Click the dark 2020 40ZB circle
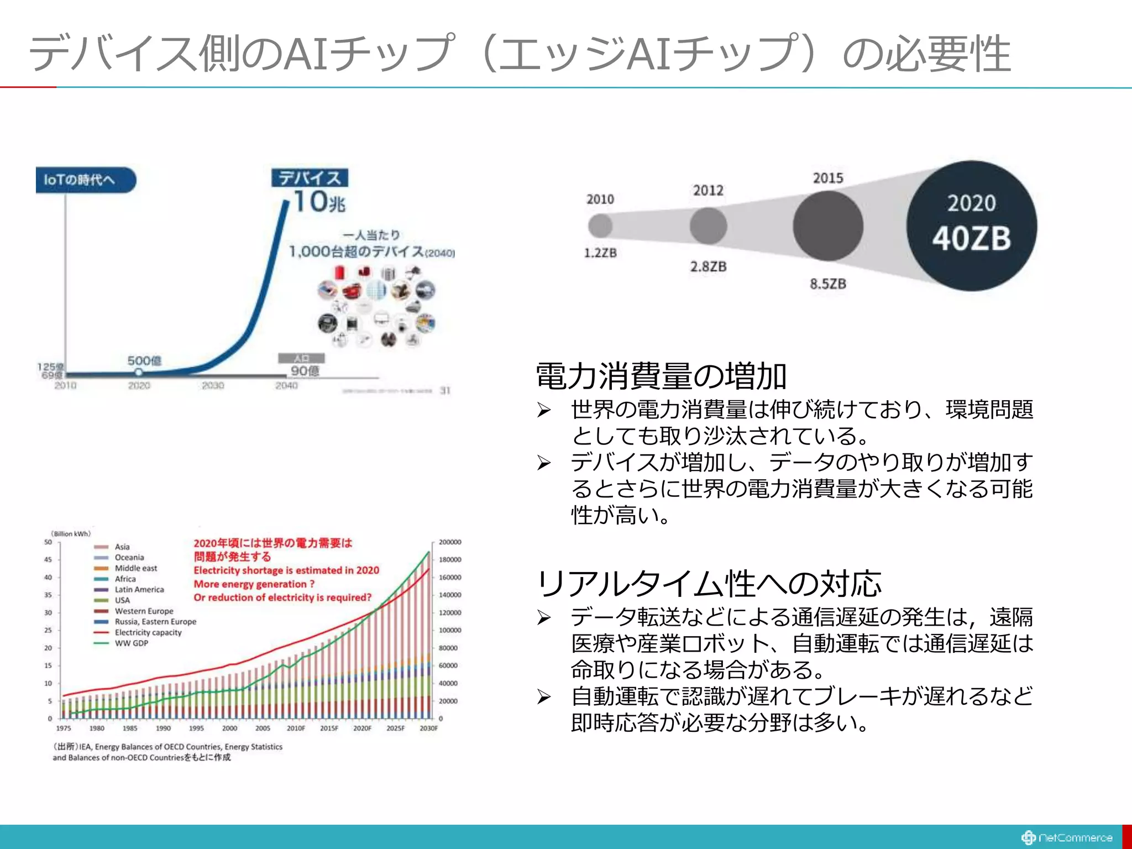pyautogui.click(x=971, y=226)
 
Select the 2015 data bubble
pyautogui.click(x=827, y=226)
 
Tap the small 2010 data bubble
pyautogui.click(x=600, y=226)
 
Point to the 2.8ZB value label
pyautogui.click(x=708, y=266)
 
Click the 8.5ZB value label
pyautogui.click(x=827, y=284)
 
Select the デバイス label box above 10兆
pyautogui.click(x=310, y=178)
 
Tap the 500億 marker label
pyautogui.click(x=144, y=361)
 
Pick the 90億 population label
pyautogui.click(x=305, y=371)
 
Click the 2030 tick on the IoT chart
pyautogui.click(x=213, y=385)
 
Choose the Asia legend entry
pyautogui.click(x=122, y=547)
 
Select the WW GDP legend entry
pyautogui.click(x=131, y=643)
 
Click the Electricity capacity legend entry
pyautogui.click(x=148, y=632)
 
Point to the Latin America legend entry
pyautogui.click(x=139, y=589)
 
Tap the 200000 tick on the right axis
pyautogui.click(x=449, y=542)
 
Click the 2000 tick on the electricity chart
pyautogui.click(x=229, y=728)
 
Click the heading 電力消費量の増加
pyautogui.click(x=661, y=376)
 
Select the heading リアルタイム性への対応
pyautogui.click(x=709, y=584)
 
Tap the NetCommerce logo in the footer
pyautogui.click(x=1066, y=837)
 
